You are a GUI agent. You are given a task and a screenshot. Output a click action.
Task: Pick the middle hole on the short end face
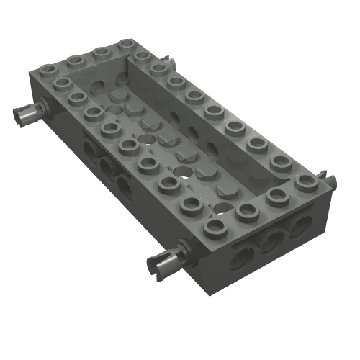point(272,239)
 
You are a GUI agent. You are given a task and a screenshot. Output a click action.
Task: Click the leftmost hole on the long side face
point(90,149)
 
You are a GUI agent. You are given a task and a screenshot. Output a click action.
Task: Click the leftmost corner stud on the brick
point(48,71)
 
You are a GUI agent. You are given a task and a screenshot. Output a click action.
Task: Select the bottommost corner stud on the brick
point(214,228)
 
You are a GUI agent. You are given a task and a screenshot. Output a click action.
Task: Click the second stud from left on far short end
point(74,62)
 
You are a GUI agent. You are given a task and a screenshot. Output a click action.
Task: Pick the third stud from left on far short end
point(101,53)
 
